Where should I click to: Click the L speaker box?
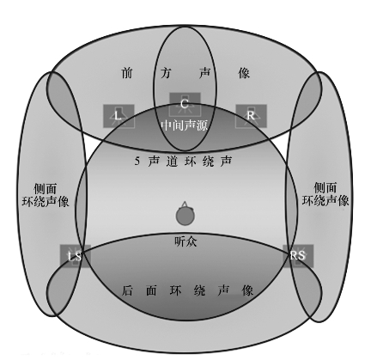tap(119, 116)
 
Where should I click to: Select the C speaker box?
tap(185, 104)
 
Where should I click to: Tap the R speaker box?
tap(251, 116)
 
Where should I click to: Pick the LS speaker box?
tap(76, 256)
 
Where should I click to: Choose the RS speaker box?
tap(298, 256)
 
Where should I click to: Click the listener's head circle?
tap(185, 217)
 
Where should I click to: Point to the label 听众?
tap(185, 242)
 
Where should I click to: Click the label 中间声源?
tap(185, 125)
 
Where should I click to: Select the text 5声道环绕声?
tap(183, 162)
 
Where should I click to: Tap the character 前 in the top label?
tap(127, 73)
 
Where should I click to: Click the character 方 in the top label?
tap(166, 73)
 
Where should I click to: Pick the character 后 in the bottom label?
tap(127, 290)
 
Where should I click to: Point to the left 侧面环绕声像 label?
tap(46, 195)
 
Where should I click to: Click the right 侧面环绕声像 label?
tap(325, 194)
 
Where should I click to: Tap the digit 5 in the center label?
tap(137, 162)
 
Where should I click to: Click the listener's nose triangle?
tap(185, 204)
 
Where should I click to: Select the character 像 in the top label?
tap(244, 73)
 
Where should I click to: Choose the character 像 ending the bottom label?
tap(247, 290)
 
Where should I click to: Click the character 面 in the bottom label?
tap(151, 290)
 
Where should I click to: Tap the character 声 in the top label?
tap(205, 73)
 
